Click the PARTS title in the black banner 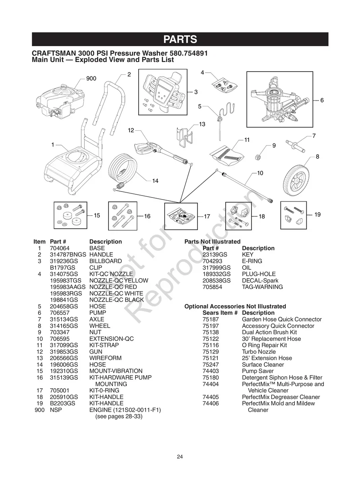(180, 39)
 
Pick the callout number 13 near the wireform (202, 124)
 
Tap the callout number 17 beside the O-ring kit (207, 217)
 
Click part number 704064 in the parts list (59, 248)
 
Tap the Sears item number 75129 (211, 352)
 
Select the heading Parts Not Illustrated (212, 242)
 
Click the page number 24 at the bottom (180, 457)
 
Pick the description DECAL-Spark (260, 281)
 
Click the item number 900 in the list (39, 410)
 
